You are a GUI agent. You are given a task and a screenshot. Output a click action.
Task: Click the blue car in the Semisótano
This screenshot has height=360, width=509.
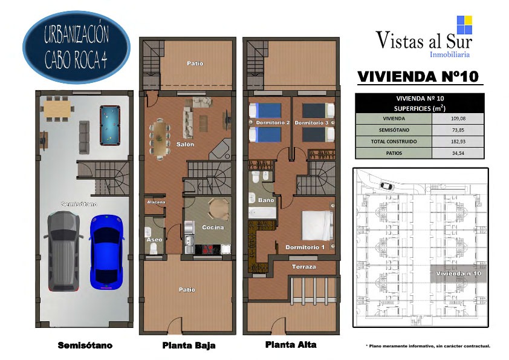pos(107,252)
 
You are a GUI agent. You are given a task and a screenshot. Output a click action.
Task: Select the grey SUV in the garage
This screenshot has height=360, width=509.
pos(63,251)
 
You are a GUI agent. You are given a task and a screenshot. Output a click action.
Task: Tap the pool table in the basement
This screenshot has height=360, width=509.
pos(110,125)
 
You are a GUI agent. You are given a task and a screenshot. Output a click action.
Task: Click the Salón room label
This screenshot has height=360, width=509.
pos(185,144)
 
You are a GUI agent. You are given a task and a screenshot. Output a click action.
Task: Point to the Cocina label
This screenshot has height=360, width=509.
pos(213,227)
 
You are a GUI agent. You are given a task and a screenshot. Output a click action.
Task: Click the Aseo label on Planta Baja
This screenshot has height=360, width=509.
pos(154,240)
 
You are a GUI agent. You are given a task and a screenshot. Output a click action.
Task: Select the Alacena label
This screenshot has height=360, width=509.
pos(156,202)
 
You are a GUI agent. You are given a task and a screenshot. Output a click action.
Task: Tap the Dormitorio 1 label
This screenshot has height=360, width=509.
pos(305,247)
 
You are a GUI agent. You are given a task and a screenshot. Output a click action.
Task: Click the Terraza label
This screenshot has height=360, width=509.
pos(304,267)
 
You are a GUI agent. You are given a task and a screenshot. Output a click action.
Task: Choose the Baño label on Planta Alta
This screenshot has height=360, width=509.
pos(266,200)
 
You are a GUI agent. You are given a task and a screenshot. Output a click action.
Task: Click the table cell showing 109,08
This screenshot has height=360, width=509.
pos(458,119)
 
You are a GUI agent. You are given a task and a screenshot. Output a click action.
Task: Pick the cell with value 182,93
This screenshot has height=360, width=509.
pos(458,142)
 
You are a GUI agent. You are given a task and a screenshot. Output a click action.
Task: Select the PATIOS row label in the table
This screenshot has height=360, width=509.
pos(394,153)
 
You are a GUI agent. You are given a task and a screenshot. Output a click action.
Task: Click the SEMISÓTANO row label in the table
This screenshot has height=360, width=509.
pos(394,130)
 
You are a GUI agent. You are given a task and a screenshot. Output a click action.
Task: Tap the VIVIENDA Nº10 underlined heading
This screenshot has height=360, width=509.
pos(418,77)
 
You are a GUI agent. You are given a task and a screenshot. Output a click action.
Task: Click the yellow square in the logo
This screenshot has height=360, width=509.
pos(468,21)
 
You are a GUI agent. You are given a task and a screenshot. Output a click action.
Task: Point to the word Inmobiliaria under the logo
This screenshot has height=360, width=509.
pos(450,54)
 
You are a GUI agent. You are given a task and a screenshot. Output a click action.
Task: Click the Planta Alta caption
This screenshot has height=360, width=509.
pos(291,345)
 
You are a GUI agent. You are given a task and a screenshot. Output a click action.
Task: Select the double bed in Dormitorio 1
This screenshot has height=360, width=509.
pos(317,226)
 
